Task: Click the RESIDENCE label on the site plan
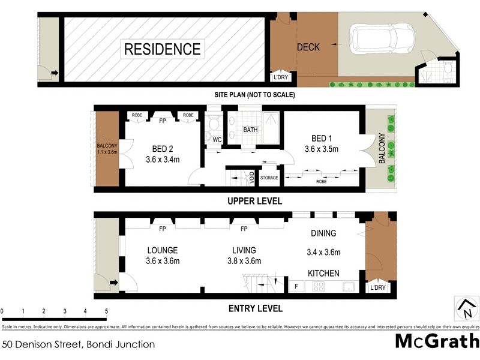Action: [162, 49]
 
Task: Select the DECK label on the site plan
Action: [308, 47]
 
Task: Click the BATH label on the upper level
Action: [250, 130]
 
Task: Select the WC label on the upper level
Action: [217, 139]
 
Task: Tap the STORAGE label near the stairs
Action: [269, 178]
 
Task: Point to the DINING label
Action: [323, 233]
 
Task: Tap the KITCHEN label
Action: [324, 273]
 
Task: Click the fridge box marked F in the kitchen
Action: [296, 287]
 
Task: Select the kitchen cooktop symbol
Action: [318, 287]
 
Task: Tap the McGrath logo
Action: [436, 341]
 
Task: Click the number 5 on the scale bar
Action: [106, 311]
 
